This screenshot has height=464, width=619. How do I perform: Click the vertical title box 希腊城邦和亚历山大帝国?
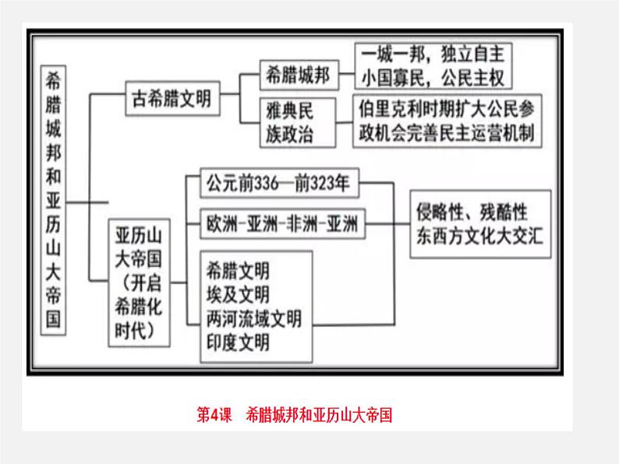point(55,199)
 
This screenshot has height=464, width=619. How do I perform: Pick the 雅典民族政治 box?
point(287,121)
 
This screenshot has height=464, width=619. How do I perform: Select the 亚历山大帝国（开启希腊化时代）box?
point(140,282)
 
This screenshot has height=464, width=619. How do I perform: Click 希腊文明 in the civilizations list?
point(239,271)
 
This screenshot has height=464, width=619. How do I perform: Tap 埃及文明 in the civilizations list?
point(239,294)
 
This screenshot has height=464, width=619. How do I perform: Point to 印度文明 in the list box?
point(239,341)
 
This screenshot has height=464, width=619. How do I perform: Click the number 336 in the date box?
point(270,185)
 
